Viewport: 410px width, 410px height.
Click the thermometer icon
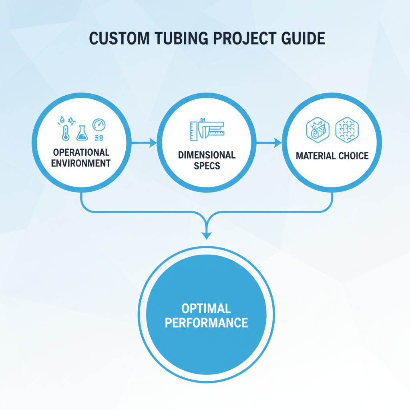[65, 132]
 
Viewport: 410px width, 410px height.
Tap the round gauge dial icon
[98, 125]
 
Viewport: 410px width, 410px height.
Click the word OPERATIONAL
[81, 153]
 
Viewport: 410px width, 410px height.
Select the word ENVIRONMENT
[81, 163]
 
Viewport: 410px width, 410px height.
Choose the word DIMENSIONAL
[207, 155]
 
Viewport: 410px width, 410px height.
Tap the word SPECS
[207, 165]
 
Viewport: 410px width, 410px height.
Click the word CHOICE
[353, 156]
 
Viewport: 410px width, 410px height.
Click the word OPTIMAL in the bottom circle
[206, 309]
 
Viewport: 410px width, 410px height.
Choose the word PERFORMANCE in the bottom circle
[206, 323]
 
